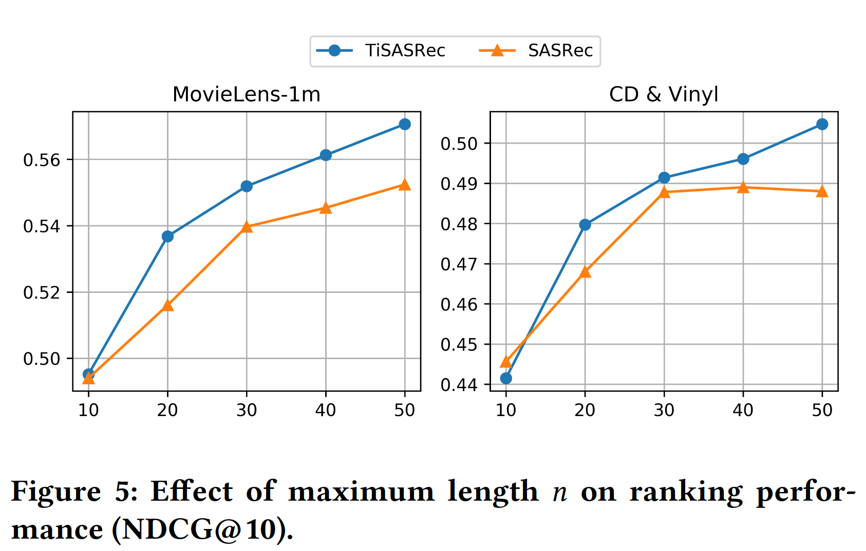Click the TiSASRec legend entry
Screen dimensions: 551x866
tap(381, 51)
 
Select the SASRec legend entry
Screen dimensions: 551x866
tap(536, 51)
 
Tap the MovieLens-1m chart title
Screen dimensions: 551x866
tap(247, 94)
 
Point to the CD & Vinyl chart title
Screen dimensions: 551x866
tap(664, 94)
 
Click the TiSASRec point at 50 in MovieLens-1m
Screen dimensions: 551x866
tap(405, 124)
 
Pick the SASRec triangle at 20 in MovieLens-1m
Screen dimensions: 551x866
tap(167, 306)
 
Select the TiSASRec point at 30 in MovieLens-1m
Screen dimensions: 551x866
tap(247, 186)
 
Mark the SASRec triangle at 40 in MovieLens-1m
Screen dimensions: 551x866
tap(326, 208)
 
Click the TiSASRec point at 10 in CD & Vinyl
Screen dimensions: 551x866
tap(506, 378)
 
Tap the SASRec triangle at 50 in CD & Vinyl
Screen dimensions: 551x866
tap(822, 191)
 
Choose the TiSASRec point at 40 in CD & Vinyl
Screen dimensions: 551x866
tap(743, 159)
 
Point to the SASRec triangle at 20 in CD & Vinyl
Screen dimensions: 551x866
tap(585, 272)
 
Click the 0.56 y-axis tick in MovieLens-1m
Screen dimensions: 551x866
tap(42, 160)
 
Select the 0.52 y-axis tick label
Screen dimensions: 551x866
tap(42, 293)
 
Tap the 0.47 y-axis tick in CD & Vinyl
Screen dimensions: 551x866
tap(459, 265)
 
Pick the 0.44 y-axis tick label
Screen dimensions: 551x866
tap(459, 385)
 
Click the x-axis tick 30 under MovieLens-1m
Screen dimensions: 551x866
tap(247, 410)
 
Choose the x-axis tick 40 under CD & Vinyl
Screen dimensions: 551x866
tap(743, 410)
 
